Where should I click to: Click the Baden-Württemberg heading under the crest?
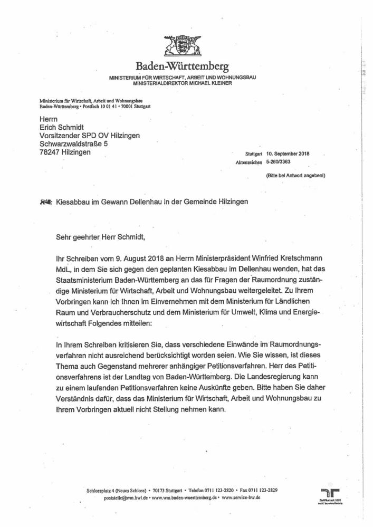tap(183, 67)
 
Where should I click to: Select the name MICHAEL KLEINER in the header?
tap(211, 83)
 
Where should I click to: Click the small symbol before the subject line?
tap(46, 202)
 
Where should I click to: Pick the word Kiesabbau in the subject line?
tap(72, 202)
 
